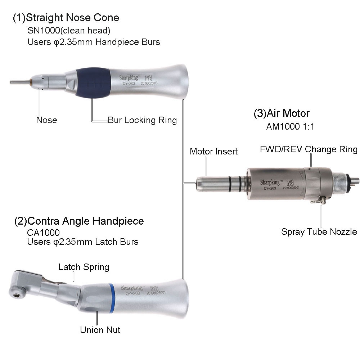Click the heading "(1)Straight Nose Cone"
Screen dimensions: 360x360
[x=66, y=17]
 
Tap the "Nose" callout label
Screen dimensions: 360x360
[x=46, y=120]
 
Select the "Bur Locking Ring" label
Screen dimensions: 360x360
[x=142, y=120]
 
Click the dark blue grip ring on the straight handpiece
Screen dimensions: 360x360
[x=93, y=82]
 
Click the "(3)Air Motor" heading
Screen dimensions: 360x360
[x=282, y=113]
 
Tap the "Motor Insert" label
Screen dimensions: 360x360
[x=213, y=152]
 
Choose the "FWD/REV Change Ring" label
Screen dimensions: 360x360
[x=309, y=149]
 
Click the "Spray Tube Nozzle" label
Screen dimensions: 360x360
[x=319, y=231]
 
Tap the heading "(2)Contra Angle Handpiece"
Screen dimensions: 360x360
[x=79, y=221]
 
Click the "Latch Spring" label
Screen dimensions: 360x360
[x=84, y=267]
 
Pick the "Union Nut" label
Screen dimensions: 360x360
[x=100, y=330]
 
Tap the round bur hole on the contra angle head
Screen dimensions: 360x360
[x=17, y=296]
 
